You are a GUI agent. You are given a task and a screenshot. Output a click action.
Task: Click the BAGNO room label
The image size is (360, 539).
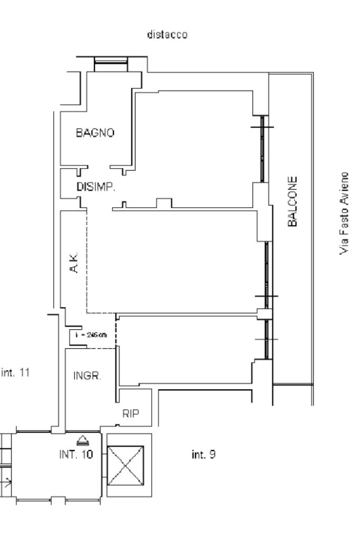[95, 133]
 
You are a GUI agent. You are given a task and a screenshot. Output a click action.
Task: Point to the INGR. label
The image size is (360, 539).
[87, 376]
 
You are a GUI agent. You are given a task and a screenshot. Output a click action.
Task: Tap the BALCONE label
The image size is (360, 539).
[294, 201]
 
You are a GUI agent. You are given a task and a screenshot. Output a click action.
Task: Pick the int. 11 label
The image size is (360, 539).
[16, 373]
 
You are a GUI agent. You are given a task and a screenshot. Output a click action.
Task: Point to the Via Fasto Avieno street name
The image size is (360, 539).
[345, 212]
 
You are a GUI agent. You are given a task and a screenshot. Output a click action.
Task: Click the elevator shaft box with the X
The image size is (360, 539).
[125, 466]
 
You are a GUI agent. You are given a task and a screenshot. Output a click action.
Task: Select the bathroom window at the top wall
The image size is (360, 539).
[111, 64]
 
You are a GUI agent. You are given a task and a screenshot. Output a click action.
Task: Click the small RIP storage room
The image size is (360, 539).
[134, 407]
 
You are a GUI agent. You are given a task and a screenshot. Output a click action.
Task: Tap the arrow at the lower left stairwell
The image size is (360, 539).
[8, 480]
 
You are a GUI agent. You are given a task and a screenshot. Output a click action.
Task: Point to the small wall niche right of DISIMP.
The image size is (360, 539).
[164, 203]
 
